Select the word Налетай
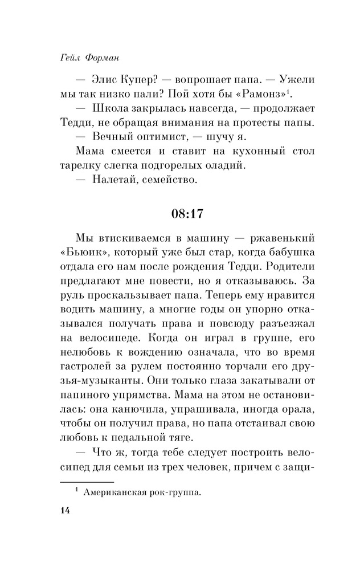point(114,182)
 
